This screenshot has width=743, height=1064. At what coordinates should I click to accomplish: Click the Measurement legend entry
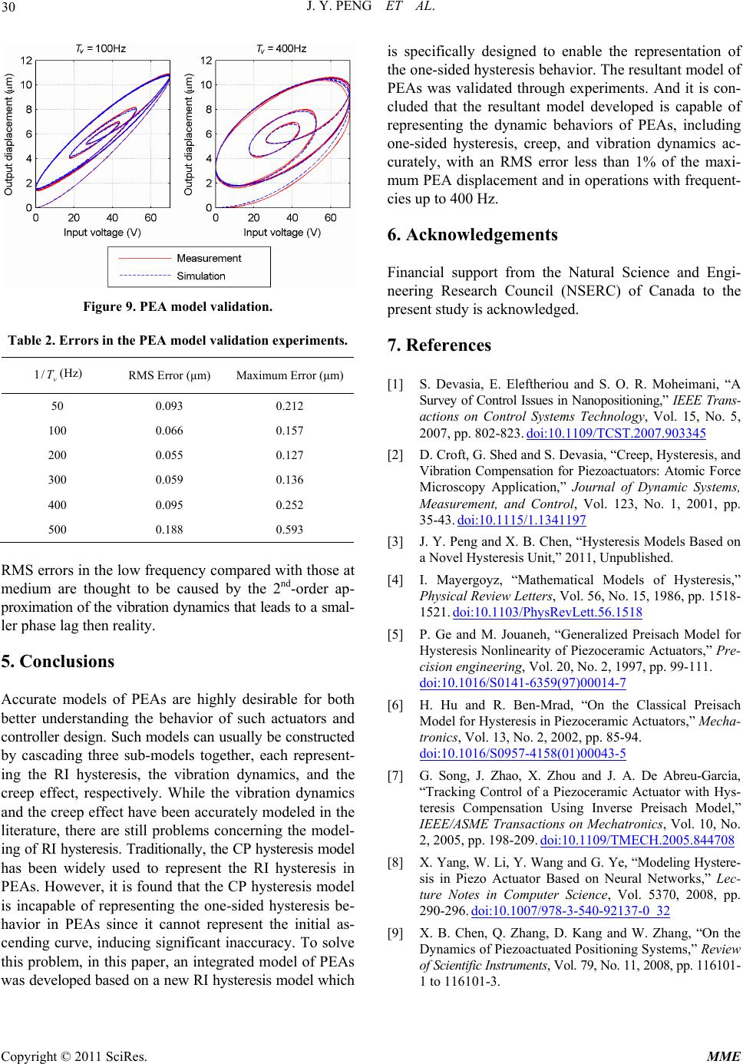point(209,258)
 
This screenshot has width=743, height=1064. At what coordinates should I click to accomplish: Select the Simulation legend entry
point(201,276)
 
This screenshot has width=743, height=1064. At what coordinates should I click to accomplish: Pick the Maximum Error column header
point(289,376)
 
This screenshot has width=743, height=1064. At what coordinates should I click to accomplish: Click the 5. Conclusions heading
point(58,662)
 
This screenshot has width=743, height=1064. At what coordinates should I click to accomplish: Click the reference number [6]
point(396,705)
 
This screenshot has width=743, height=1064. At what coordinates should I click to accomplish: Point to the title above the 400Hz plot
point(281,48)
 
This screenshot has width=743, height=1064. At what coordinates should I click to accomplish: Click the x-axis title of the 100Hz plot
point(102,232)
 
